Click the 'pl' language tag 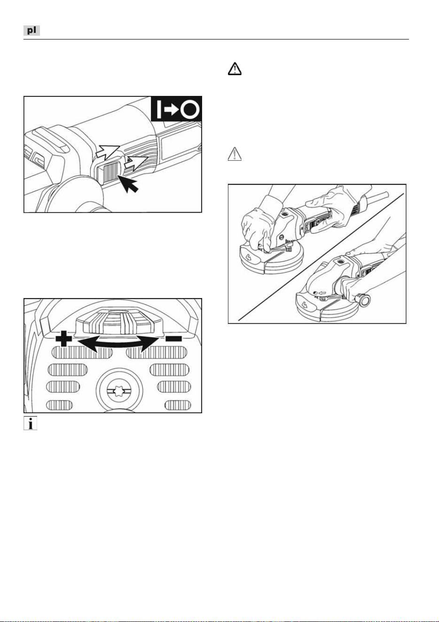pyautogui.click(x=31, y=30)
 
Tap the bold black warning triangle pyautogui.click(x=235, y=69)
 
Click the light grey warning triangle pyautogui.click(x=235, y=154)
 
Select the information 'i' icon pyautogui.click(x=30, y=424)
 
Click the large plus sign pyautogui.click(x=64, y=339)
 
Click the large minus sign pyautogui.click(x=173, y=339)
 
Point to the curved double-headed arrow pyautogui.click(x=118, y=344)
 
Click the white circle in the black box pyautogui.click(x=190, y=110)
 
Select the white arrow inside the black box pyautogui.click(x=172, y=110)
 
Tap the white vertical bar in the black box pyautogui.click(x=159, y=110)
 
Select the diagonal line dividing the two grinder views pyautogui.click(x=321, y=257)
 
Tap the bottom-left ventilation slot pyautogui.click(x=59, y=405)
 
